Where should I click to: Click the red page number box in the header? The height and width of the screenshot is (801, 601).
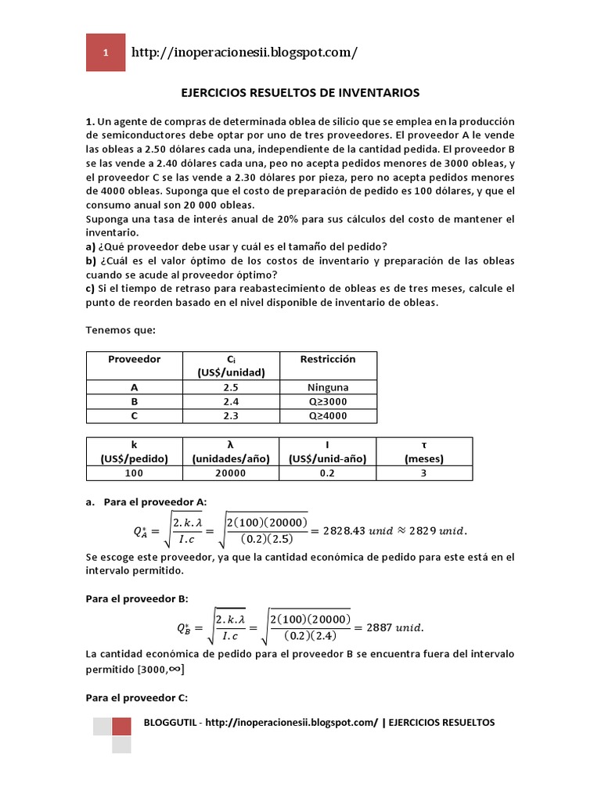pyautogui.click(x=105, y=53)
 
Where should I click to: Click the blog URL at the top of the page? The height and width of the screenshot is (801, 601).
pyautogui.click(x=245, y=53)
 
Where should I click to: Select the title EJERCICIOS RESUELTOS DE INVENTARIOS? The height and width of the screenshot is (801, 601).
pyautogui.click(x=300, y=93)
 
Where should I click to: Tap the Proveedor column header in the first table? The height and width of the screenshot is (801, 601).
pyautogui.click(x=134, y=359)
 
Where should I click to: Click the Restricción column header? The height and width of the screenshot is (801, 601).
pyautogui.click(x=328, y=359)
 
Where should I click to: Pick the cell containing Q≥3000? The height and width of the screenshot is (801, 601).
pyautogui.click(x=328, y=401)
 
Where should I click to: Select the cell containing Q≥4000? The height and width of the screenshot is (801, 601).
pyautogui.click(x=328, y=415)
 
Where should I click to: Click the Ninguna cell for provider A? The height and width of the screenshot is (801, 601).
pyautogui.click(x=328, y=387)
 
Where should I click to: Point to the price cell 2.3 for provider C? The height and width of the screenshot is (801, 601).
pyautogui.click(x=230, y=415)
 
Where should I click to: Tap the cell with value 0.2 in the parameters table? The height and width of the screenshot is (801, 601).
pyautogui.click(x=327, y=473)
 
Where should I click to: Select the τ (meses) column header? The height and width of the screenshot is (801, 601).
pyautogui.click(x=424, y=451)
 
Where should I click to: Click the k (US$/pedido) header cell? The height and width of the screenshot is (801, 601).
pyautogui.click(x=134, y=451)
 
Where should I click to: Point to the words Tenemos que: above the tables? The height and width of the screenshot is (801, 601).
pyautogui.click(x=121, y=330)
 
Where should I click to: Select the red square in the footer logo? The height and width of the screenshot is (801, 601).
pyautogui.click(x=121, y=727)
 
